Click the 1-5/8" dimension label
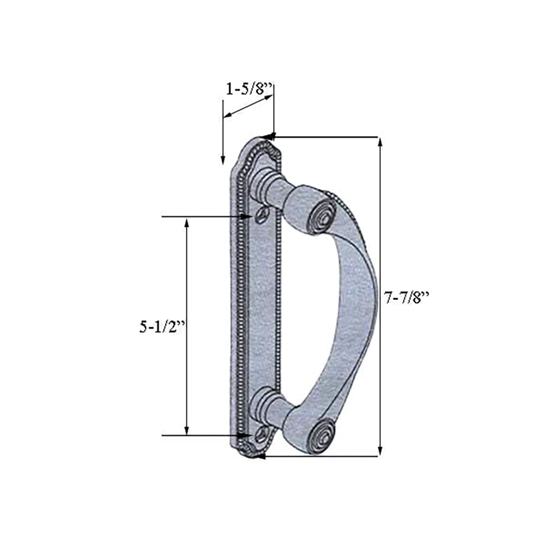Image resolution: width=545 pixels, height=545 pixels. [x=248, y=89]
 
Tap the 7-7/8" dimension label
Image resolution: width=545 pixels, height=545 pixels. [x=407, y=298]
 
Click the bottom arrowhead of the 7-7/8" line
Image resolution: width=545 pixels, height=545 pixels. [x=380, y=451]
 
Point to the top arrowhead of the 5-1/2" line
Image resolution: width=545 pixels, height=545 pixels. [x=187, y=223]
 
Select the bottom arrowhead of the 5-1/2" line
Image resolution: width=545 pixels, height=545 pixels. [x=187, y=430]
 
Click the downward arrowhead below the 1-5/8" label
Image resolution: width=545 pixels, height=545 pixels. [x=222, y=159]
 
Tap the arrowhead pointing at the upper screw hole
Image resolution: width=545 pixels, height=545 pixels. [x=247, y=217]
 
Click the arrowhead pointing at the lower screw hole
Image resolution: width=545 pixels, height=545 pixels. [x=245, y=435]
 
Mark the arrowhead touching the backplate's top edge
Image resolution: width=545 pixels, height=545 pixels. [x=268, y=136]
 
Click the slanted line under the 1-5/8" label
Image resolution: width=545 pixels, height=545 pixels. [x=248, y=107]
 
